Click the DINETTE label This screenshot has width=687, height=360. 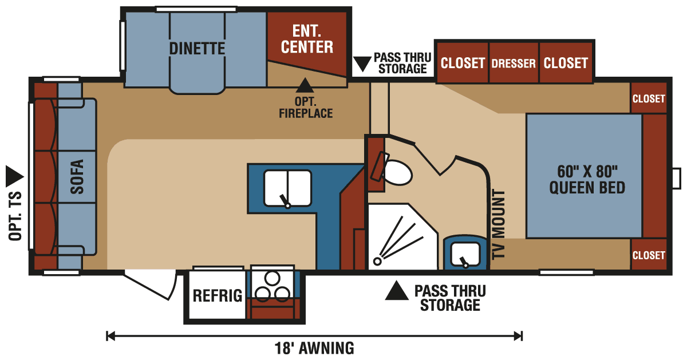(196, 49)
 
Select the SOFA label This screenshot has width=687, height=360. (77, 177)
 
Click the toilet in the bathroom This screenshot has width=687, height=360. (397, 171)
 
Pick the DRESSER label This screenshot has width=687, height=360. (514, 64)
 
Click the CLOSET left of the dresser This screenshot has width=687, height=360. (463, 63)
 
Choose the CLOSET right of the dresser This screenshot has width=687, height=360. (566, 63)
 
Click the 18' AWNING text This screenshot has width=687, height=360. (314, 347)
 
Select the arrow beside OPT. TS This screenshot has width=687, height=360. (13, 175)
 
